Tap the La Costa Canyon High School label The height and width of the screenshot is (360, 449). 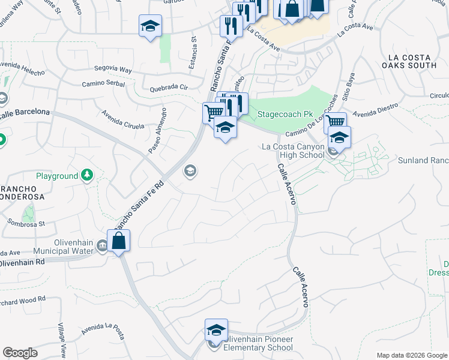point(294,151)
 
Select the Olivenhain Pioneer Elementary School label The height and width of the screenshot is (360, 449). point(256,343)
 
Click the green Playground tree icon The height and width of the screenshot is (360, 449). point(88,175)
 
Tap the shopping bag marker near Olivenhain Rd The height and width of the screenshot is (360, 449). point(119,241)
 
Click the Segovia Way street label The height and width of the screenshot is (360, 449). point(112,70)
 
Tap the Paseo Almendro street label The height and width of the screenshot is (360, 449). point(157,132)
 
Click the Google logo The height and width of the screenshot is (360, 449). point(20,353)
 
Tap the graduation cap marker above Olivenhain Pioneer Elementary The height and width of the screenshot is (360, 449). point(216,329)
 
